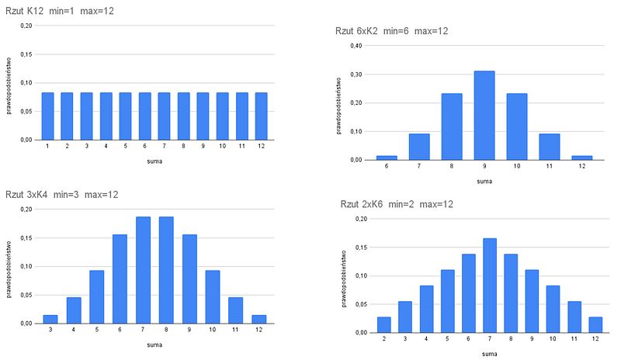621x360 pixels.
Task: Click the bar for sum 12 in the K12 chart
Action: click(260, 116)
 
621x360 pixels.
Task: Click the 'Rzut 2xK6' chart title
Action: click(396, 204)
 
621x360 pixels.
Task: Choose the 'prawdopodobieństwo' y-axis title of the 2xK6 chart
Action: click(344, 275)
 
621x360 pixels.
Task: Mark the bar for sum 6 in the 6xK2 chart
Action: click(387, 157)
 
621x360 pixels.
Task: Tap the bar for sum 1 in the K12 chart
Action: click(48, 116)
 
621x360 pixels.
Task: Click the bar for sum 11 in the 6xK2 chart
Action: click(549, 147)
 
